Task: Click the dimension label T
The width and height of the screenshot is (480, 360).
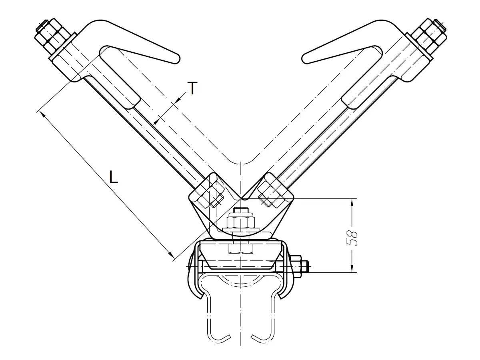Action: click(192, 88)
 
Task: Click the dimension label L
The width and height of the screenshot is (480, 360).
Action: click(114, 177)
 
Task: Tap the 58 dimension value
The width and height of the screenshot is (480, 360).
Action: click(352, 238)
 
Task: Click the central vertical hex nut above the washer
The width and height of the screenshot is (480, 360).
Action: click(240, 222)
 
